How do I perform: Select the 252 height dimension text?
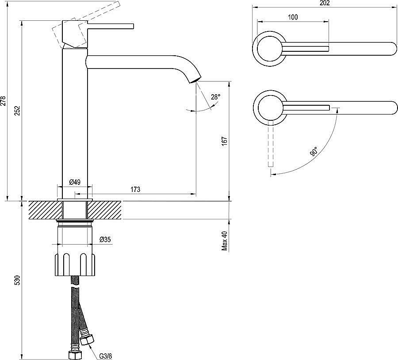coord(17,110)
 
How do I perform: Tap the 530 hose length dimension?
coord(17,280)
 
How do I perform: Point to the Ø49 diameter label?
coord(75,182)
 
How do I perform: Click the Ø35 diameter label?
coord(105,239)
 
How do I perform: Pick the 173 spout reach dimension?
coord(135,189)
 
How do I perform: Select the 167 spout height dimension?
coord(224,141)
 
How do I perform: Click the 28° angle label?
coord(215,97)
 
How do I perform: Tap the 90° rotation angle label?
coord(314,151)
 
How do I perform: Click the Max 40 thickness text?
coord(225,241)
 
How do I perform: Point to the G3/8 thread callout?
coord(105,356)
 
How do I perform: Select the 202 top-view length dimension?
coord(325,3)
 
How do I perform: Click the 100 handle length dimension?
coord(293,17)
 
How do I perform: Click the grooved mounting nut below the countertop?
coord(75,264)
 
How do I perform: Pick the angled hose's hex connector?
coord(87,339)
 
